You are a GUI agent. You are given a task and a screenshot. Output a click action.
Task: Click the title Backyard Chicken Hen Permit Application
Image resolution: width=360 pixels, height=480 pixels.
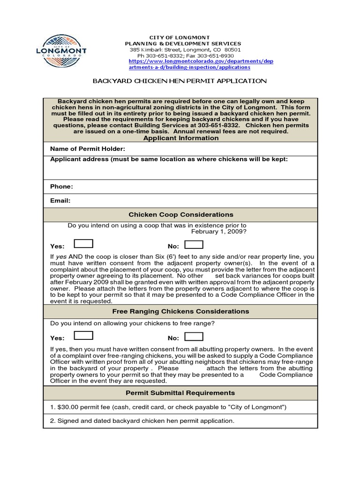180,81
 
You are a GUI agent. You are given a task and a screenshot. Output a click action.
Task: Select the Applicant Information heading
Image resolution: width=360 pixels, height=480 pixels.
180,138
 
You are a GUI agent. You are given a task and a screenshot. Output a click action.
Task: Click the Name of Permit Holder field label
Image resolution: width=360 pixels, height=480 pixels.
88,149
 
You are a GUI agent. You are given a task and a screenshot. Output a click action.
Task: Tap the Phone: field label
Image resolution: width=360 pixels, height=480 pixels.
61,187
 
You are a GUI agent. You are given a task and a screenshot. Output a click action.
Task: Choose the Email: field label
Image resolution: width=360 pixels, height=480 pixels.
60,201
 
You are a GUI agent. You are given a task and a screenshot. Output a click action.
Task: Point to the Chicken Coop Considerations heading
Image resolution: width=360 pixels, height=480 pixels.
180,215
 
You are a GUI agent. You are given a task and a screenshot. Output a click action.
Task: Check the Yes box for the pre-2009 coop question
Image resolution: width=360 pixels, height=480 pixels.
84,244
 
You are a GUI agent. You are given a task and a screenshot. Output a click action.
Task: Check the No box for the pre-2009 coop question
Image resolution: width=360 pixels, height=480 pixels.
194,245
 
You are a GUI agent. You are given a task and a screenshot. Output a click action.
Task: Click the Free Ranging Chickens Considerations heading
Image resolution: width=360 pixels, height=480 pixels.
180,311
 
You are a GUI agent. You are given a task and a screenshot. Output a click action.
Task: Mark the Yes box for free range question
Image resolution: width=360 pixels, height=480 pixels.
84,336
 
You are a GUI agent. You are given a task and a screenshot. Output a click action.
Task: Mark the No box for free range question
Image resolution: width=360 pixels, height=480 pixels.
194,337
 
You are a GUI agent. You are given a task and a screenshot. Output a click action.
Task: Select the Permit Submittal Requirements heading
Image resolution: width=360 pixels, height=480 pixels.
180,393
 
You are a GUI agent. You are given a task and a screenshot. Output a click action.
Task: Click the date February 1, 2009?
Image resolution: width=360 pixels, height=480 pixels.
219,232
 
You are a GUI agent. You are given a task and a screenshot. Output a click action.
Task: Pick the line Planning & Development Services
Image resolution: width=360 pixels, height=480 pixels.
180,44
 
